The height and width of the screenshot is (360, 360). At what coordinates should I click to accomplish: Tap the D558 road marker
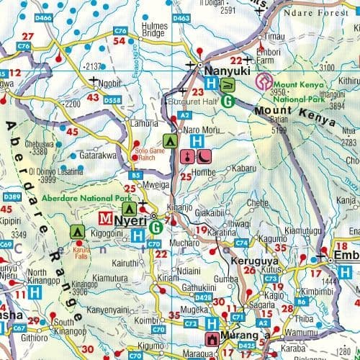pyautogui.click(x=113, y=99)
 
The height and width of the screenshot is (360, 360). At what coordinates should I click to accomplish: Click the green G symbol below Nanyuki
pyautogui.click(x=228, y=101)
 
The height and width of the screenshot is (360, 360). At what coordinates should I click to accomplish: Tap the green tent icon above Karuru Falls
pyautogui.click(x=77, y=232)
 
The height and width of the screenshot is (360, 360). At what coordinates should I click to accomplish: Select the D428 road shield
pyautogui.click(x=202, y=296)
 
